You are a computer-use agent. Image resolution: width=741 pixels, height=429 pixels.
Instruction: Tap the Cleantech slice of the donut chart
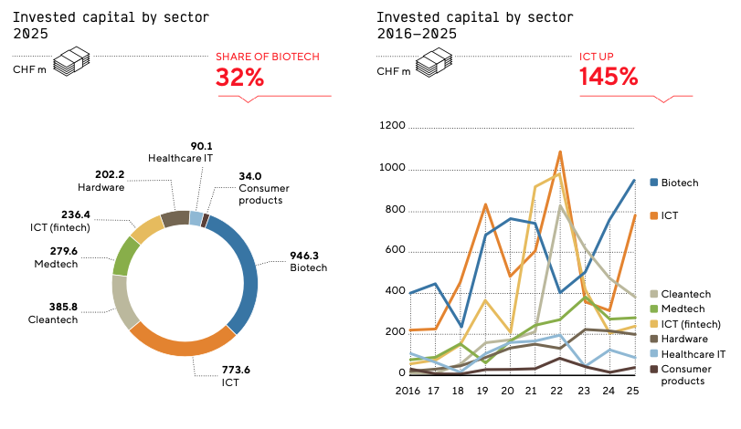click(122, 300)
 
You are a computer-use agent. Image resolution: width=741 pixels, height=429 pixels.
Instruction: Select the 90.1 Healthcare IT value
click(201, 145)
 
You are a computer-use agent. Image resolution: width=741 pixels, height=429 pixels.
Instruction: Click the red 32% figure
click(240, 78)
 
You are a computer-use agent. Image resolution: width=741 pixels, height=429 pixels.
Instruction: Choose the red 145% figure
click(609, 78)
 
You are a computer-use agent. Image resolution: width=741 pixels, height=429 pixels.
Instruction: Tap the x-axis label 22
click(556, 390)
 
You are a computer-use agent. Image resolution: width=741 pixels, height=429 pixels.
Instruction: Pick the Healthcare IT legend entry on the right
click(693, 353)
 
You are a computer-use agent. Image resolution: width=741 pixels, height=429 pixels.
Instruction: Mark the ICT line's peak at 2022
click(558, 152)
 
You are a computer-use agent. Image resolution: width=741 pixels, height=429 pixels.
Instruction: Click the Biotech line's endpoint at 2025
click(634, 180)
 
